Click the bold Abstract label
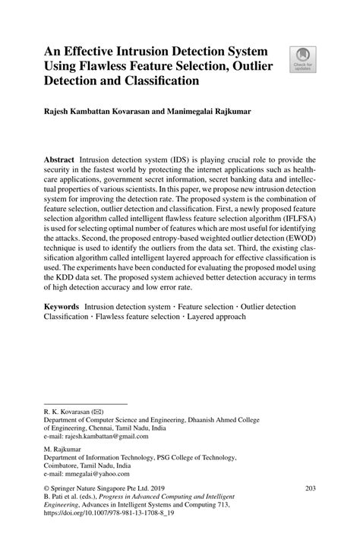click(x=58, y=162)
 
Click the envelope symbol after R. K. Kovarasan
click(x=97, y=411)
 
